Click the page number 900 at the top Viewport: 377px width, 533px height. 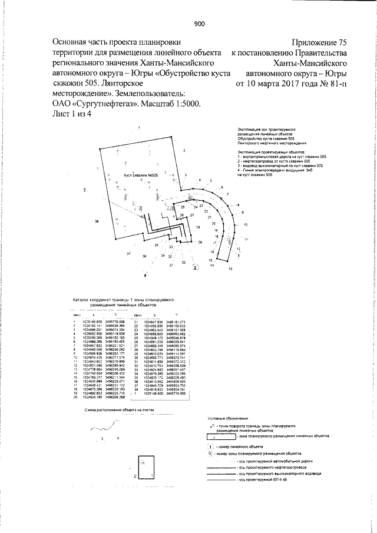tap(199, 24)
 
